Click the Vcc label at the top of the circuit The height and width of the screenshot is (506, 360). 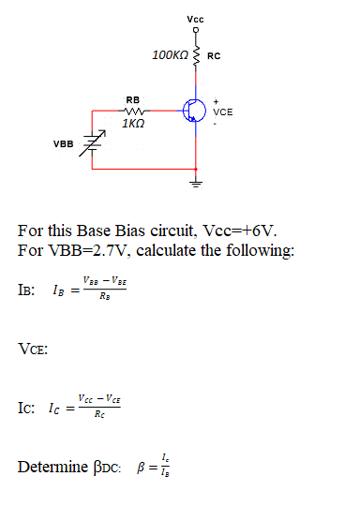click(x=195, y=19)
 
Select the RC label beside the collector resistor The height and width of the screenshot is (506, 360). click(x=214, y=56)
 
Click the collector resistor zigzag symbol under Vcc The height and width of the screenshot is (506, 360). click(x=196, y=54)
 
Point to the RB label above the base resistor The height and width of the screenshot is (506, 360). click(x=132, y=99)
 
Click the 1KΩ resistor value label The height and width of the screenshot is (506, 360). click(x=132, y=124)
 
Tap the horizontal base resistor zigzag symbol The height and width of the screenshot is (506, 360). click(x=132, y=111)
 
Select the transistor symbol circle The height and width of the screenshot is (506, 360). click(x=194, y=111)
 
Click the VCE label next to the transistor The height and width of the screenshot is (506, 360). click(x=223, y=112)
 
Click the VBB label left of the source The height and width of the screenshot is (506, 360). click(x=63, y=144)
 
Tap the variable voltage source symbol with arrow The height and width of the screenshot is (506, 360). click(x=92, y=145)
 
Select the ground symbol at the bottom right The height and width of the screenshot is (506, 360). click(x=196, y=182)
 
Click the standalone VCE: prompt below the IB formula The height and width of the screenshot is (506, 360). click(x=34, y=350)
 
